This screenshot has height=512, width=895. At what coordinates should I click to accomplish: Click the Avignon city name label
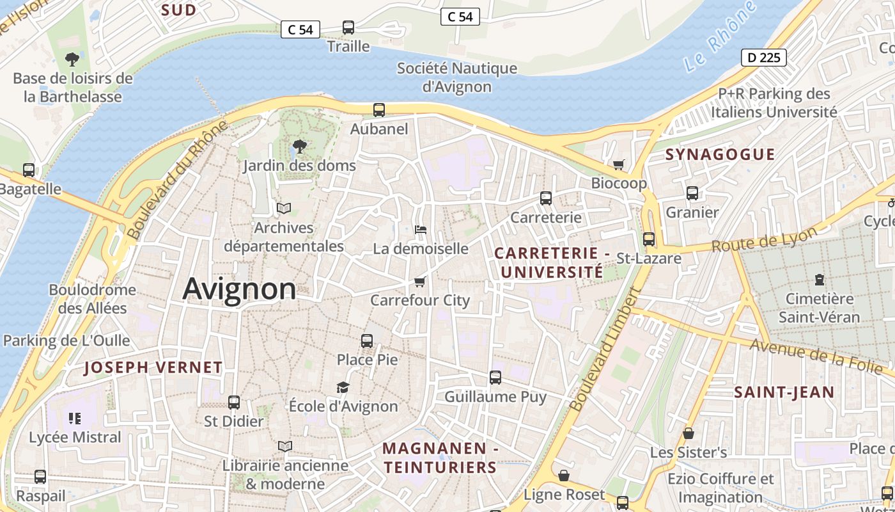[240, 289]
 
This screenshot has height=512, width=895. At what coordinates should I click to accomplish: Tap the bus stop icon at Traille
[348, 28]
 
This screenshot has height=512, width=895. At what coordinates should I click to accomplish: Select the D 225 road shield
[763, 58]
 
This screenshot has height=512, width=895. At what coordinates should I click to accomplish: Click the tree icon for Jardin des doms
[299, 147]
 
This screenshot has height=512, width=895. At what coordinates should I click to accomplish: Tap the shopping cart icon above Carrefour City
[419, 282]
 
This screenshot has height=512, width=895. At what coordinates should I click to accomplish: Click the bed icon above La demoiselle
[421, 229]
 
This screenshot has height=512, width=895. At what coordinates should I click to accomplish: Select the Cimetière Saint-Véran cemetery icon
[820, 280]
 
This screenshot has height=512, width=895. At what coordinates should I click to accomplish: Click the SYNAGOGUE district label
[720, 154]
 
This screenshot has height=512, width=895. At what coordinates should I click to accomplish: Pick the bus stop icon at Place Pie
[367, 340]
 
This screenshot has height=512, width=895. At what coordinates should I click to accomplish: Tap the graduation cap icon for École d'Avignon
[343, 387]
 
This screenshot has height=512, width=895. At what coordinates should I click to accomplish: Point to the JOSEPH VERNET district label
[153, 367]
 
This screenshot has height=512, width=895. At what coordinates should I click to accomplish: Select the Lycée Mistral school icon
[75, 419]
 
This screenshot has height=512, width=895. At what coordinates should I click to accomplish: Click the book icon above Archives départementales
[284, 209]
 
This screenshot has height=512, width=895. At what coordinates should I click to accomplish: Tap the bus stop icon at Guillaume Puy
[495, 378]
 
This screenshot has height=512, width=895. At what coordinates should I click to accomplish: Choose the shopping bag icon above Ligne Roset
[564, 476]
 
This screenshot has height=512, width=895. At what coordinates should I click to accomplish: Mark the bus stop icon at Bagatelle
[29, 170]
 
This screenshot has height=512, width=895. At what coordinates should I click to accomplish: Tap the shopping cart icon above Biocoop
[618, 164]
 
